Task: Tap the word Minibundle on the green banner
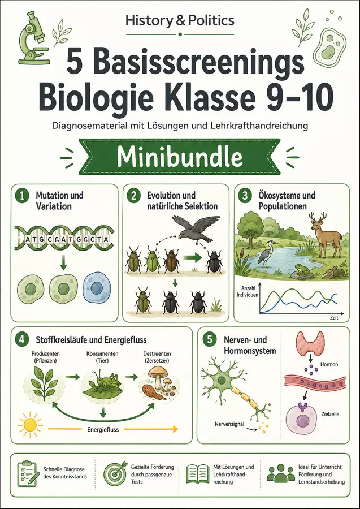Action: click(180, 157)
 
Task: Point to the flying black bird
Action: click(195, 226)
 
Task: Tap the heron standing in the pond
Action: click(267, 253)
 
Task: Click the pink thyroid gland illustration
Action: click(310, 342)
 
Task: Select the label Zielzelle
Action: click(329, 414)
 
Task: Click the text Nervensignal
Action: click(229, 424)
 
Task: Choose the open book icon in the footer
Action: click(197, 475)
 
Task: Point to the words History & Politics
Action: click(180, 20)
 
